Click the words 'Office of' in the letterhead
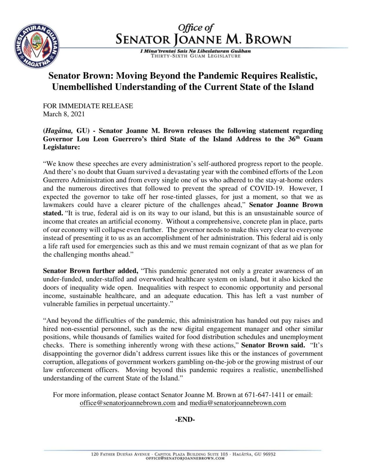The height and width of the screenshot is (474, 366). [196, 28]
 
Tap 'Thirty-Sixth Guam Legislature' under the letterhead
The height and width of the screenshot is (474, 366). [196, 56]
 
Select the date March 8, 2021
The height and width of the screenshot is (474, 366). [64, 114]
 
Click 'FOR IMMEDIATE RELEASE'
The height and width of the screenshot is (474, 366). [88, 106]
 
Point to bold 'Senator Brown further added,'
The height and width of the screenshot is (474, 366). [91, 271]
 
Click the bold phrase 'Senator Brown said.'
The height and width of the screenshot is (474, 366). [273, 345]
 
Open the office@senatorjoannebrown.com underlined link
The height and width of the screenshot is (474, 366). [128, 403]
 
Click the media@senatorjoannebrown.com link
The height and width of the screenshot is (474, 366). [238, 403]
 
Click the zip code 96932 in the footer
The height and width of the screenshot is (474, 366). [269, 454]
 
